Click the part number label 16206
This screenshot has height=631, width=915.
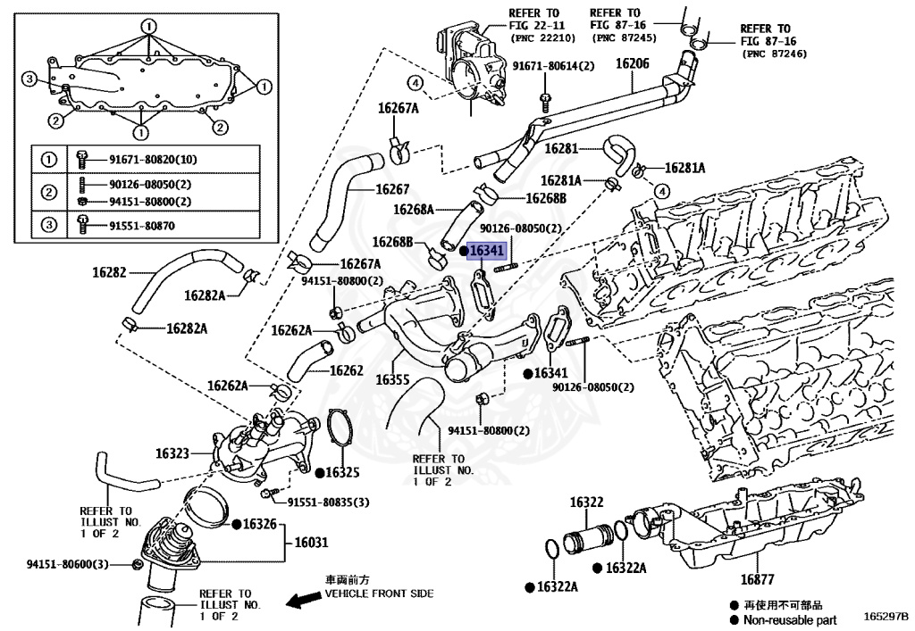tap(632, 63)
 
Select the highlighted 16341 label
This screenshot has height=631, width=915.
tap(486, 253)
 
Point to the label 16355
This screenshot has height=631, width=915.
tap(392, 379)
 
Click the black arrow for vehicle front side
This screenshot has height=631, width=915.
tap(302, 600)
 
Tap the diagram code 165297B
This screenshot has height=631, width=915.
tap(886, 617)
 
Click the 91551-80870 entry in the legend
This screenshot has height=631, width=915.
tap(142, 227)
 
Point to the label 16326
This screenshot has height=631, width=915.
tap(259, 523)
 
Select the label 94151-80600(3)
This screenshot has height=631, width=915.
tap(67, 564)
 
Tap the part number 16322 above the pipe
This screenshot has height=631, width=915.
tap(587, 503)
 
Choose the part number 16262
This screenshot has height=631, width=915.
tap(346, 369)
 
